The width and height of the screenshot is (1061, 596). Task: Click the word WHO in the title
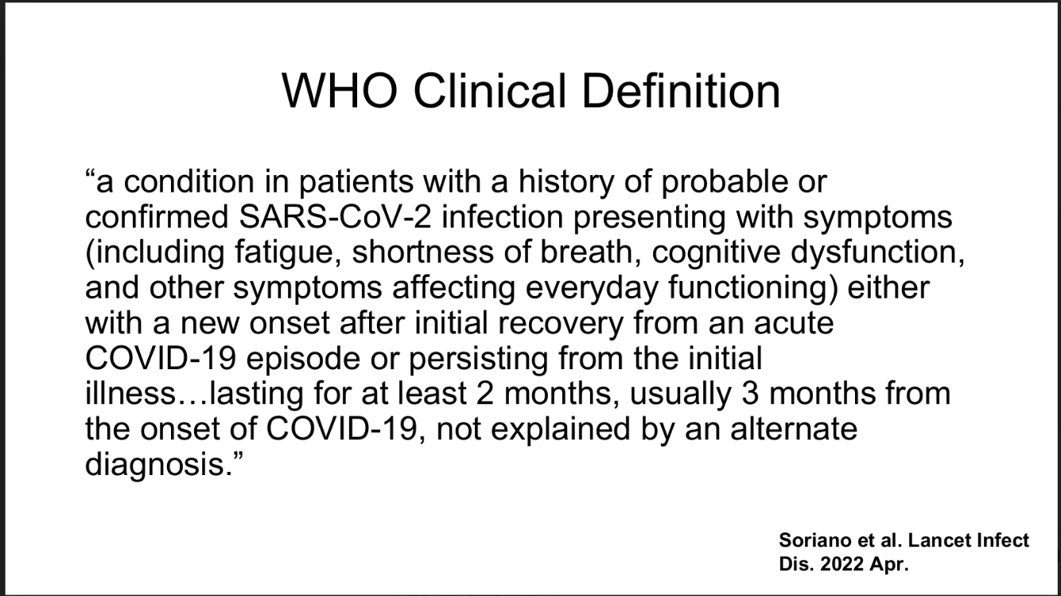339,91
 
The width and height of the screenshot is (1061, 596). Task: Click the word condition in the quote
189,181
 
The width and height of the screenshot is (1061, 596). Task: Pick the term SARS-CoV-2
335,217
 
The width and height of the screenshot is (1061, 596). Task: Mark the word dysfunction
877,253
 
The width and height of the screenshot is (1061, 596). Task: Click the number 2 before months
484,395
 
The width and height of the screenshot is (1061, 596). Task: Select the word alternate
794,430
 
